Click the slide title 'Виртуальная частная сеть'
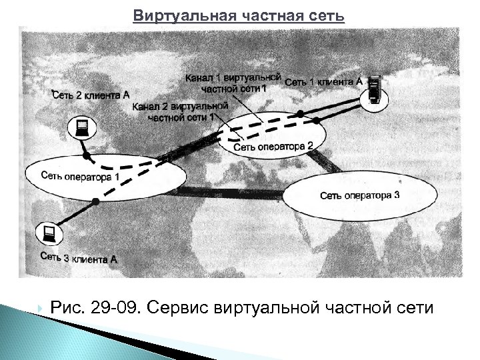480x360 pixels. click(x=239, y=15)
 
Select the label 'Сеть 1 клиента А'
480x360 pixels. click(x=324, y=81)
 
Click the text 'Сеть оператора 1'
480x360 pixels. click(x=80, y=177)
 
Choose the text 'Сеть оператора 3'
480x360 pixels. click(x=359, y=195)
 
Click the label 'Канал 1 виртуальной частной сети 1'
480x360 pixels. click(x=233, y=83)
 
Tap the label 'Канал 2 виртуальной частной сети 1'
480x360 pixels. click(x=181, y=111)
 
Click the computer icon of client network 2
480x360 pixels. click(x=83, y=127)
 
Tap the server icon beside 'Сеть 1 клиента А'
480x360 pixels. click(x=375, y=89)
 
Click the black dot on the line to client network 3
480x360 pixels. click(x=97, y=201)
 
